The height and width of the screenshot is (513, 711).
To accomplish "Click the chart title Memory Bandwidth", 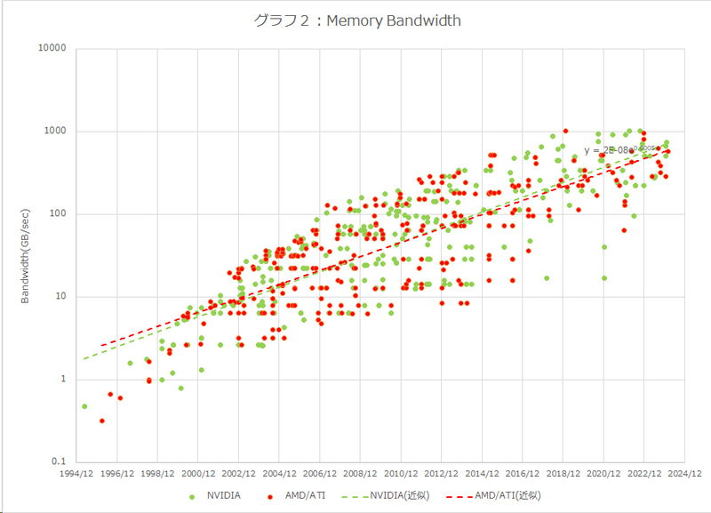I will pos(355,20).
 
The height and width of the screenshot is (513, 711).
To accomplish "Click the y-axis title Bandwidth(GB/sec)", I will pos(26,255).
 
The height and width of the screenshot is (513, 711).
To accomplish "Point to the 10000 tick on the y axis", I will pos(53,48).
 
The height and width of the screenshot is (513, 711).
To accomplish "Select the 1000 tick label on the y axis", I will pos(56,131).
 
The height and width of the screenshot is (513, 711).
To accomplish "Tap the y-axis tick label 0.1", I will pos(60,461).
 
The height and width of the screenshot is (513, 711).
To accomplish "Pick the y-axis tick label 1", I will pos(64,379).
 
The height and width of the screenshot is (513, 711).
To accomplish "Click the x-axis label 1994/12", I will pos(76,474).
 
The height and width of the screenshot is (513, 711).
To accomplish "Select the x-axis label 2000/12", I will pos(198,474).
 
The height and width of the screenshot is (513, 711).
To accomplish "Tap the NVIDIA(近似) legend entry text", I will pos(397,495).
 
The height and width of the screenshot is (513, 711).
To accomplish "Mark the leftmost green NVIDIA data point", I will pos(84,406).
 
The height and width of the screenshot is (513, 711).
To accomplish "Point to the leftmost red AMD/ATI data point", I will pos(102,421).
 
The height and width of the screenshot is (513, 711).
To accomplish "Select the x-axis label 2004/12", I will pos(279,474).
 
